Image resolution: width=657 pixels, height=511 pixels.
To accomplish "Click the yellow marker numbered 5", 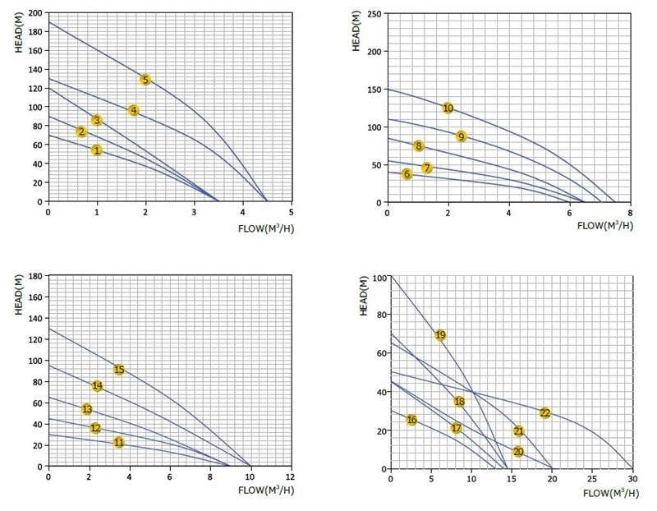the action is [145, 80].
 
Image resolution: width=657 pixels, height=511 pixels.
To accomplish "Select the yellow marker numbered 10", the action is [448, 108].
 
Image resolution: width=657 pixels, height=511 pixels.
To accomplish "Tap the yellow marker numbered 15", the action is [119, 370].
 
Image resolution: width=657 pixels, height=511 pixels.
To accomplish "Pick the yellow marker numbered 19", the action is [440, 335].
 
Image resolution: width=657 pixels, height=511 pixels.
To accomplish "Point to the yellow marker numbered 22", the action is [544, 413].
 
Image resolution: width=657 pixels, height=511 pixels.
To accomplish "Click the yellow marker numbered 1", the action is [97, 150].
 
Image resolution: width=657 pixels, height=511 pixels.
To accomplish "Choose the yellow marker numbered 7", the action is [427, 168].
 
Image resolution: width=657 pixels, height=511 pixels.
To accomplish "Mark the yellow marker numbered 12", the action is [95, 428].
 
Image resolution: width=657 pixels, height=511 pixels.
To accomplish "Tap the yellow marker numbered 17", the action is [457, 428].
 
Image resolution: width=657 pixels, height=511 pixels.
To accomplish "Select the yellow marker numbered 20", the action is [518, 452].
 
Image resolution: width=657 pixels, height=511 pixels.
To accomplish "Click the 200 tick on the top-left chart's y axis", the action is [35, 13].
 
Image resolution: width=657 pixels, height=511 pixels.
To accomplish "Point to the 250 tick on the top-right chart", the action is [374, 14].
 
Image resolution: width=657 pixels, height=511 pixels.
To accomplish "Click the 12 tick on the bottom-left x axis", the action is [291, 477].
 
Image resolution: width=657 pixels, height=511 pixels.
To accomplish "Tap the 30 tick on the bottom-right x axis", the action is [632, 479].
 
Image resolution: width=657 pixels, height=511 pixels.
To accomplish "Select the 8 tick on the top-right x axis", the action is [630, 213].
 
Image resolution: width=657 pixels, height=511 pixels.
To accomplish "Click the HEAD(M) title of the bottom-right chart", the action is [364, 296].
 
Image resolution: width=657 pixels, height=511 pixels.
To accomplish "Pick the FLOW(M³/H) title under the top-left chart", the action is [266, 228].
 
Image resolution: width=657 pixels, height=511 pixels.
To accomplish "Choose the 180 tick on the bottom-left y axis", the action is [35, 276].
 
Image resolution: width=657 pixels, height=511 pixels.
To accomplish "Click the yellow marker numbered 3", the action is [97, 120].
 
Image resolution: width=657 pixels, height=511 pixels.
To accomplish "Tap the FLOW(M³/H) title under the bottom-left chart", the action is [266, 490].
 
